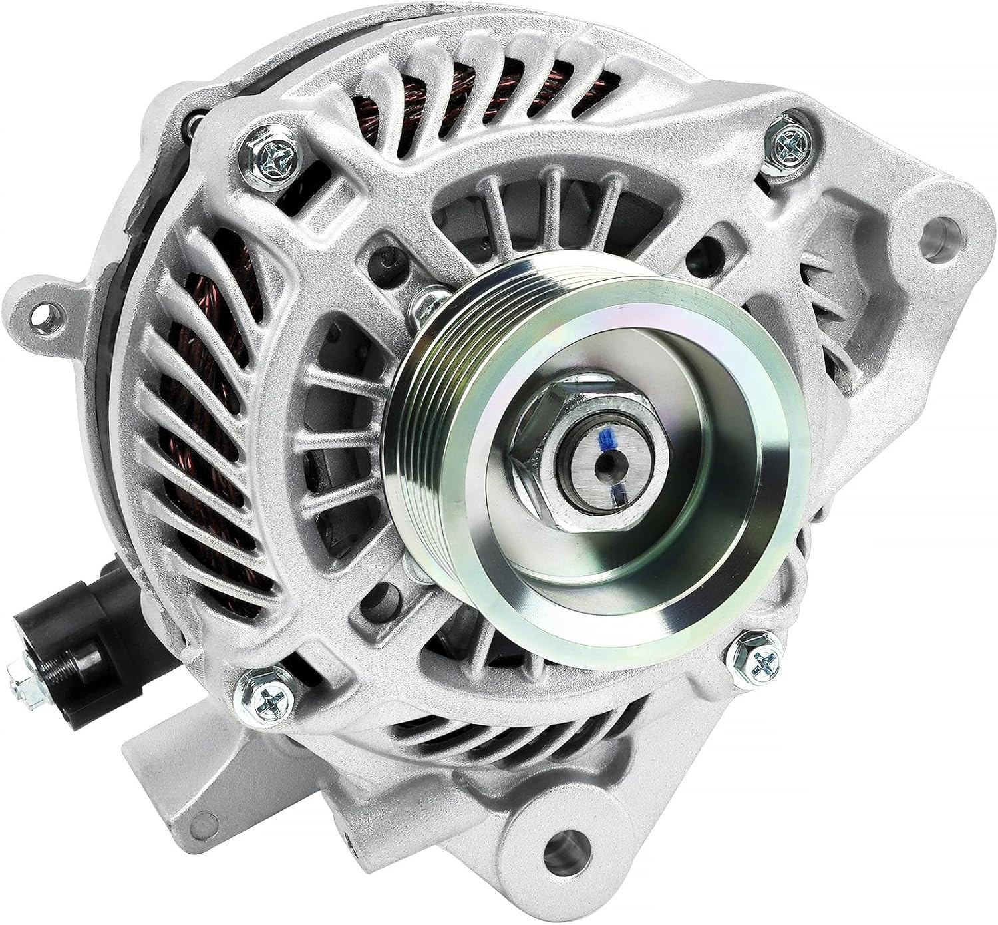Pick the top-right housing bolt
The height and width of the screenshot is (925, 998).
pos(790,140)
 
